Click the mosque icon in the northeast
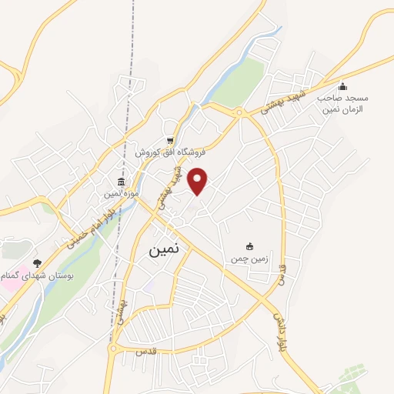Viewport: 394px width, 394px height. pos(342,86)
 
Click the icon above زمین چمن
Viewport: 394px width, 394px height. pos(249,246)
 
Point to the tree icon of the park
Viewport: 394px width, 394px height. pos(37,263)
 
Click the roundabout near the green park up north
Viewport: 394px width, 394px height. pos(239,112)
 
